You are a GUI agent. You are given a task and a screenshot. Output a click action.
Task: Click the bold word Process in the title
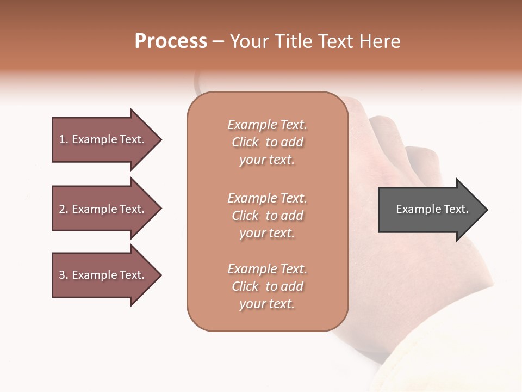[x=171, y=41]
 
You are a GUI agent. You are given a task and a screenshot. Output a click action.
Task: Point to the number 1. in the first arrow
[x=63, y=139]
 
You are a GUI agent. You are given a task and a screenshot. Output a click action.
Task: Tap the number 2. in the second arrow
[x=63, y=209]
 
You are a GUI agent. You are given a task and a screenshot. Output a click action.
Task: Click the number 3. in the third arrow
[x=63, y=275]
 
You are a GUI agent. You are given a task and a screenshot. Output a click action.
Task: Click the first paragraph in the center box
[x=267, y=142]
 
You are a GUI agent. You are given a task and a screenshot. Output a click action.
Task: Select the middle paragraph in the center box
[x=267, y=216]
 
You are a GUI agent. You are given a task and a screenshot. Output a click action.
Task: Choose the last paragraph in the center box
[x=267, y=286]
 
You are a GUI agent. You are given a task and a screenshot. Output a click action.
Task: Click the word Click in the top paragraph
[x=245, y=142]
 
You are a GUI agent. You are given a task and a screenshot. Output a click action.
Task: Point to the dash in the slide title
[x=218, y=41]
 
